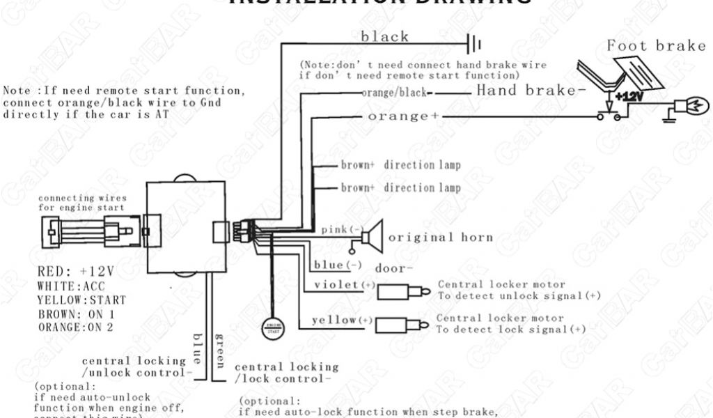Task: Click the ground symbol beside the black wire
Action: (x=476, y=45)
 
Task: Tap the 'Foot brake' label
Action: (x=657, y=46)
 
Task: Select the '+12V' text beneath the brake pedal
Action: (x=629, y=95)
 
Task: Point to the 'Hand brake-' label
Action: (x=526, y=91)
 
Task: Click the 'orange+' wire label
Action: (x=398, y=116)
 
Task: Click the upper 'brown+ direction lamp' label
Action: (x=400, y=166)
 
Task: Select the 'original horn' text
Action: (x=440, y=237)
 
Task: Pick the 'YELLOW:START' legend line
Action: (x=82, y=300)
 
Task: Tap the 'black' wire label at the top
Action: (x=384, y=37)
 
